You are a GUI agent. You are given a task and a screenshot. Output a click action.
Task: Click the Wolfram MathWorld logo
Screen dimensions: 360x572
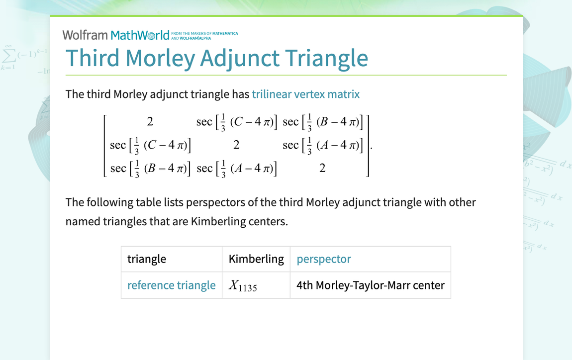(115, 35)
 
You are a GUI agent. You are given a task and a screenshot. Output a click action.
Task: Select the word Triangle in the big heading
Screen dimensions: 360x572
(327, 58)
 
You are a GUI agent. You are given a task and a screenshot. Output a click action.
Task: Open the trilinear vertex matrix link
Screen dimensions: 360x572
(305, 94)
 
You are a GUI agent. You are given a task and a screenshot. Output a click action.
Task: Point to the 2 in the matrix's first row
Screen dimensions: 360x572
(150, 122)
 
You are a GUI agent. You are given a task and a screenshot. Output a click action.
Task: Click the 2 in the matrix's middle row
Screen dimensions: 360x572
(236, 145)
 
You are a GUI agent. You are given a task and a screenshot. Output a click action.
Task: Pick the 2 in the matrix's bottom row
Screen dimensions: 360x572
(322, 169)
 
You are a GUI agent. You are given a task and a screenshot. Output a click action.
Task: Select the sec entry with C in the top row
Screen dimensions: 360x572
(236, 122)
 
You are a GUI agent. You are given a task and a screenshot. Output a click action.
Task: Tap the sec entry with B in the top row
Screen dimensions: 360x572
(323, 122)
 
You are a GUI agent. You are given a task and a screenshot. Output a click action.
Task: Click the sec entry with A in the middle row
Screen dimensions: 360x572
(323, 145)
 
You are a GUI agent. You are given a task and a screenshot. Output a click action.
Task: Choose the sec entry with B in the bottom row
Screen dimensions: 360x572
(150, 169)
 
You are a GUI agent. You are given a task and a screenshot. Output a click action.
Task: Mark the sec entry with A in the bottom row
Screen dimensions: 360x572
(236, 169)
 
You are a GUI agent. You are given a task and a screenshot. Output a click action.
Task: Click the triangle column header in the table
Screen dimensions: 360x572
(147, 259)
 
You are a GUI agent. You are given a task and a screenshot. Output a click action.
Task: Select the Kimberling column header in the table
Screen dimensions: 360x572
(256, 259)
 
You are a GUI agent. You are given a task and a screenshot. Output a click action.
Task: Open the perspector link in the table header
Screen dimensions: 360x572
(324, 259)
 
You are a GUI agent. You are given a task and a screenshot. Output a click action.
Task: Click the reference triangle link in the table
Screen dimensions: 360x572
(171, 285)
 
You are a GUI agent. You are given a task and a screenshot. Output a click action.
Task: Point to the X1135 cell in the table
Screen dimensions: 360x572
(243, 285)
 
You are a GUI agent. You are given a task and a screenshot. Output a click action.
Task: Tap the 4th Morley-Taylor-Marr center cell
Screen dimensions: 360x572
(370, 285)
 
